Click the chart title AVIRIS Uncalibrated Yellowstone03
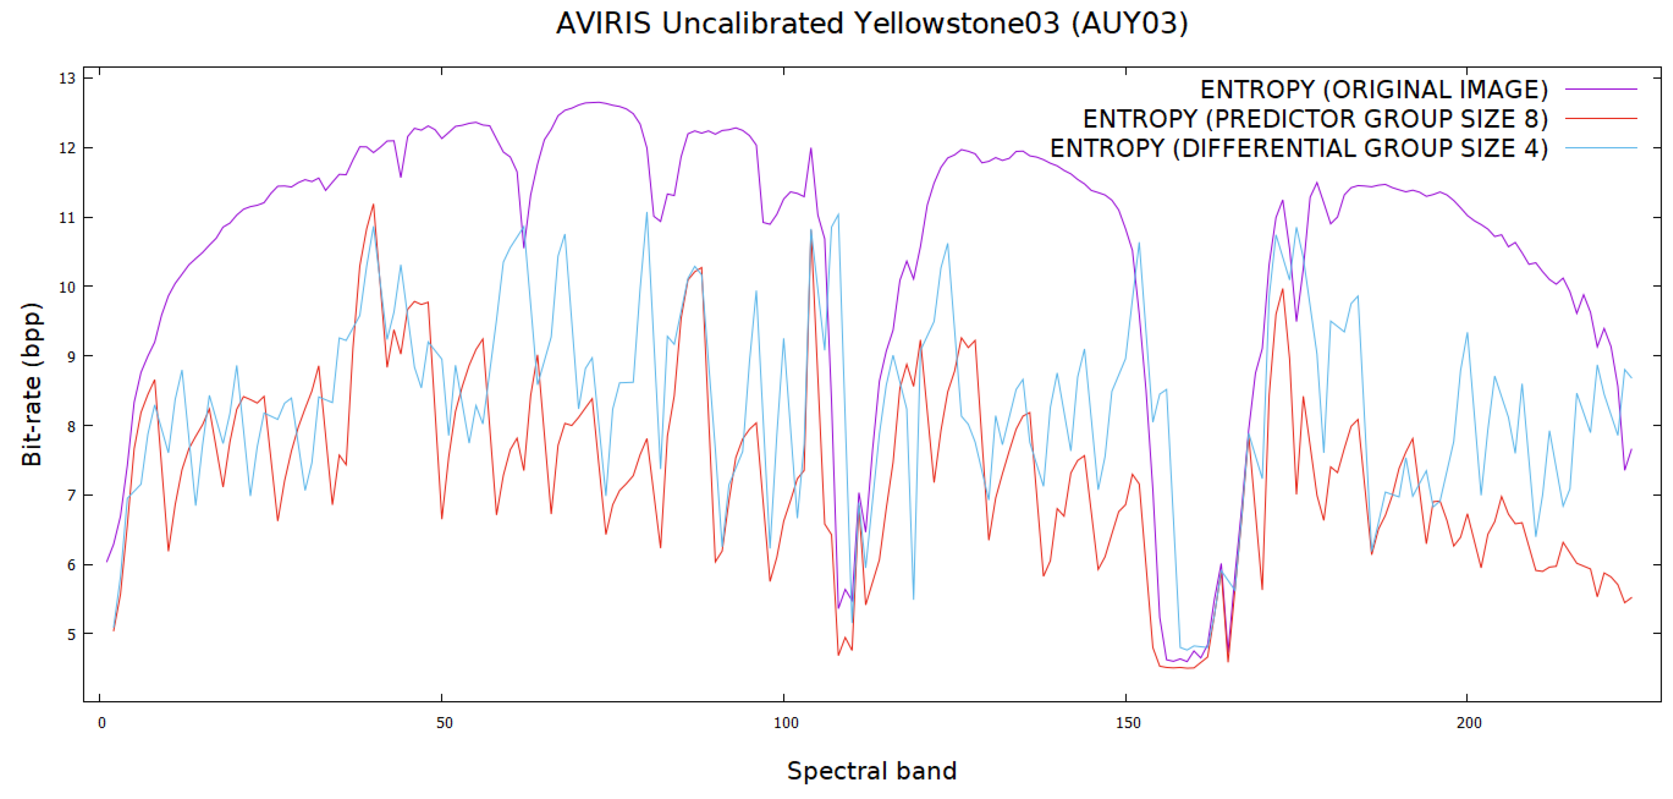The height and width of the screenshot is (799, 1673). pos(872,24)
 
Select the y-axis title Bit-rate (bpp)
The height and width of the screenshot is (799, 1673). pos(31,384)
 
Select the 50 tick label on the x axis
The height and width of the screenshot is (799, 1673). pos(444,723)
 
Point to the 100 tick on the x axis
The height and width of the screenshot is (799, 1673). pos(785,723)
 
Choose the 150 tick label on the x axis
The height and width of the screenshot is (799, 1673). pos(1127,723)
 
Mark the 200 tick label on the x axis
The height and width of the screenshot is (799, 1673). pos(1469,723)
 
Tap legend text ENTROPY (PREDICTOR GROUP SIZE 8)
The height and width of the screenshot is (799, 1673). pos(1315,119)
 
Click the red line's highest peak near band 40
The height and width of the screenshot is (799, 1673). pos(373,205)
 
